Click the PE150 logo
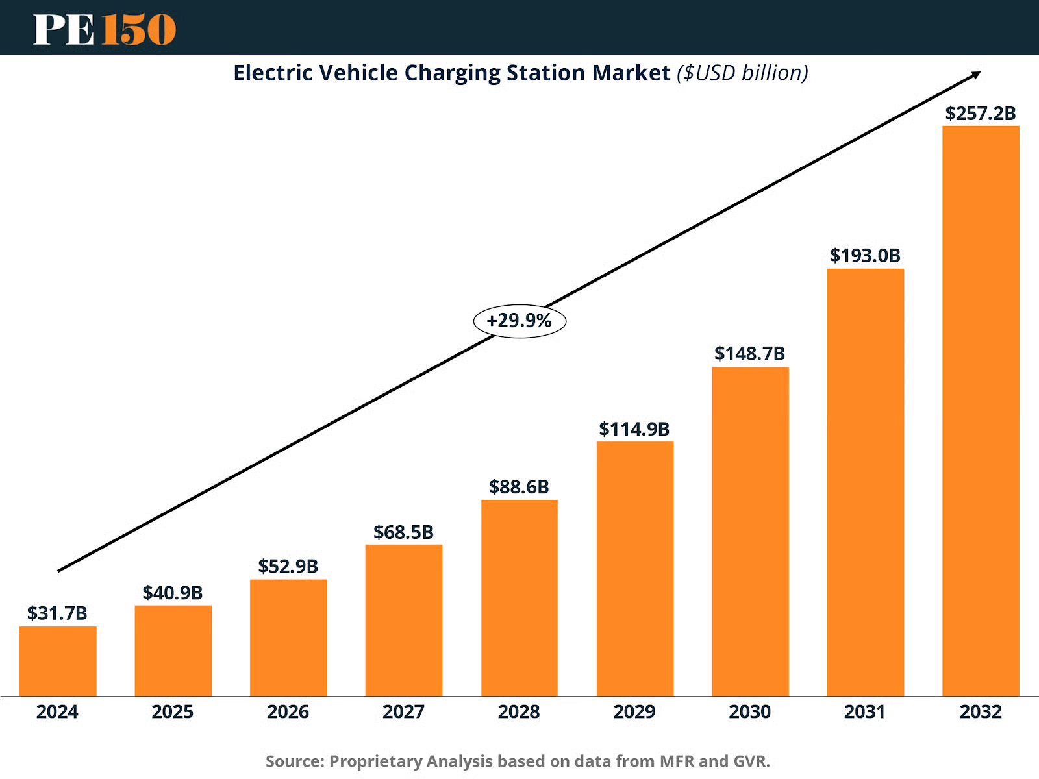tap(105, 29)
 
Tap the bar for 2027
tap(404, 620)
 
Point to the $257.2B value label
tap(981, 114)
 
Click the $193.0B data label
tap(865, 255)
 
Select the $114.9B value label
tap(634, 429)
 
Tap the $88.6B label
tap(519, 487)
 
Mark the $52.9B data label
tap(288, 566)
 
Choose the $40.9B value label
tap(173, 593)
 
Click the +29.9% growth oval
tap(519, 321)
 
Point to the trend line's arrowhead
tap(976, 75)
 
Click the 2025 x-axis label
tap(173, 712)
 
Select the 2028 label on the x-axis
tap(519, 712)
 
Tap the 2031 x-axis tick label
tap(865, 712)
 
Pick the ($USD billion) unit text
tap(742, 73)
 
